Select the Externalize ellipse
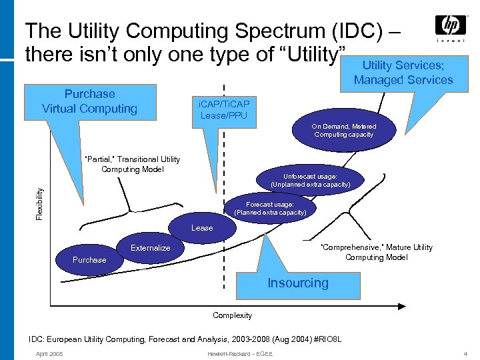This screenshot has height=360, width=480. pyautogui.click(x=151, y=248)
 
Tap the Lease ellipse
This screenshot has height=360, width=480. pyautogui.click(x=202, y=228)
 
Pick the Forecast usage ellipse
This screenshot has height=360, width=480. pyautogui.click(x=270, y=208)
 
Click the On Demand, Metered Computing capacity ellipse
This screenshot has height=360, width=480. pyautogui.click(x=343, y=130)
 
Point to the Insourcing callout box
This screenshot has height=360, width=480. pyautogui.click(x=298, y=283)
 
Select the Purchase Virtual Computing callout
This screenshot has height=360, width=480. pyautogui.click(x=89, y=101)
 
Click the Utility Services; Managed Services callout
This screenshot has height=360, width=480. pyautogui.click(x=403, y=73)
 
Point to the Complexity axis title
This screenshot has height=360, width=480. pyautogui.click(x=232, y=315)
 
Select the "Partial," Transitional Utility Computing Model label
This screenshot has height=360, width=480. pyautogui.click(x=131, y=164)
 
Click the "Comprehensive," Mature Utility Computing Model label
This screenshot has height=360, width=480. pyautogui.click(x=377, y=252)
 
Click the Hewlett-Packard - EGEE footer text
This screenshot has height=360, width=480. pyautogui.click(x=240, y=353)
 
